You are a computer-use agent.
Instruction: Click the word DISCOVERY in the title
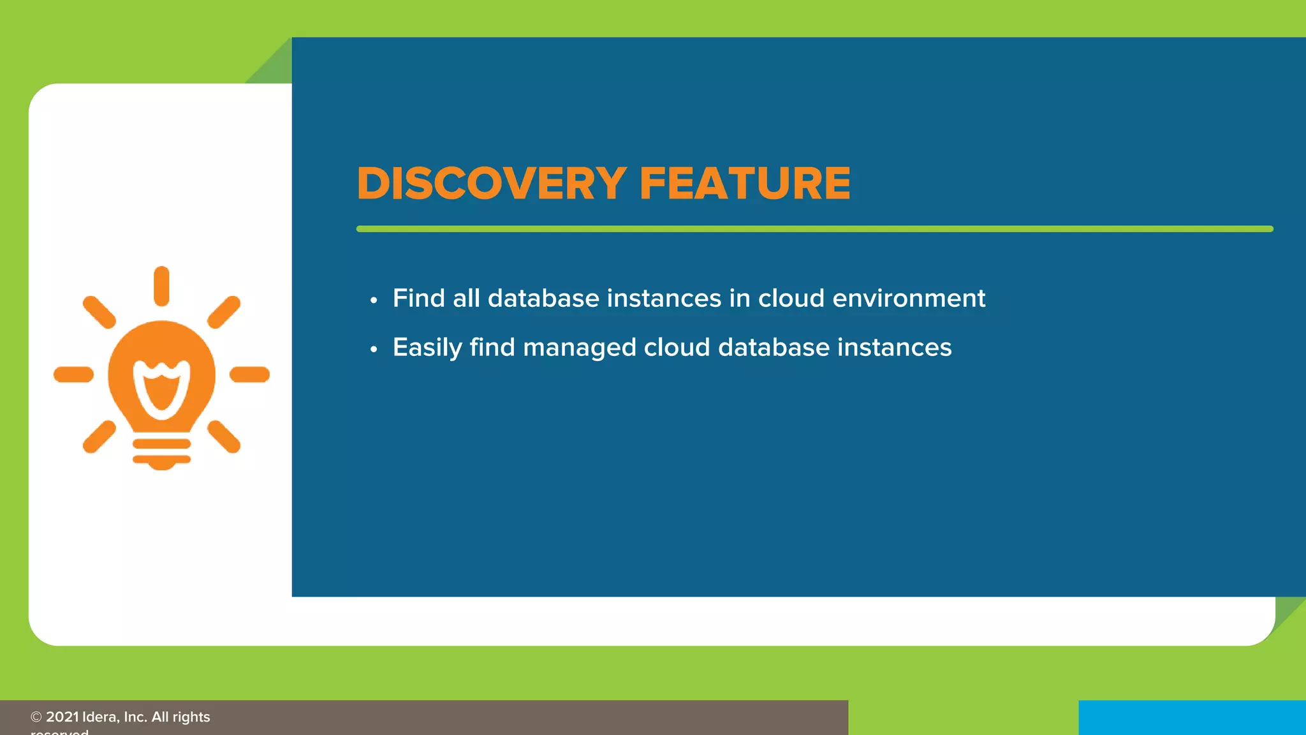point(491,184)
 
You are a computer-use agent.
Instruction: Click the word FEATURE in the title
point(744,184)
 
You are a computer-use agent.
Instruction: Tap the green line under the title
point(814,228)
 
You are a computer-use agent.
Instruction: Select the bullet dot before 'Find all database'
point(374,300)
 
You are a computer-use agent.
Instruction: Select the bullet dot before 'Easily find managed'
point(374,349)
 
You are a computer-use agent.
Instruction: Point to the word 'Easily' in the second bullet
point(427,348)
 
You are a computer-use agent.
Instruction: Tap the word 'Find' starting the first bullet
point(418,299)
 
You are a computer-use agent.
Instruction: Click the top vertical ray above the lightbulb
point(161,286)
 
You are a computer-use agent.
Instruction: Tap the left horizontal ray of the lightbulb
point(74,375)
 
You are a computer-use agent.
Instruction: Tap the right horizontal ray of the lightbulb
point(249,375)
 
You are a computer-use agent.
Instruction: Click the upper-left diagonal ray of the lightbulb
point(99,312)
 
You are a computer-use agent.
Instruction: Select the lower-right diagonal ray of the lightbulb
point(224,436)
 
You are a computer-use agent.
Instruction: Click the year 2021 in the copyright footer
point(62,717)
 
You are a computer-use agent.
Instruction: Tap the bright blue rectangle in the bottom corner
point(1191,718)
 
